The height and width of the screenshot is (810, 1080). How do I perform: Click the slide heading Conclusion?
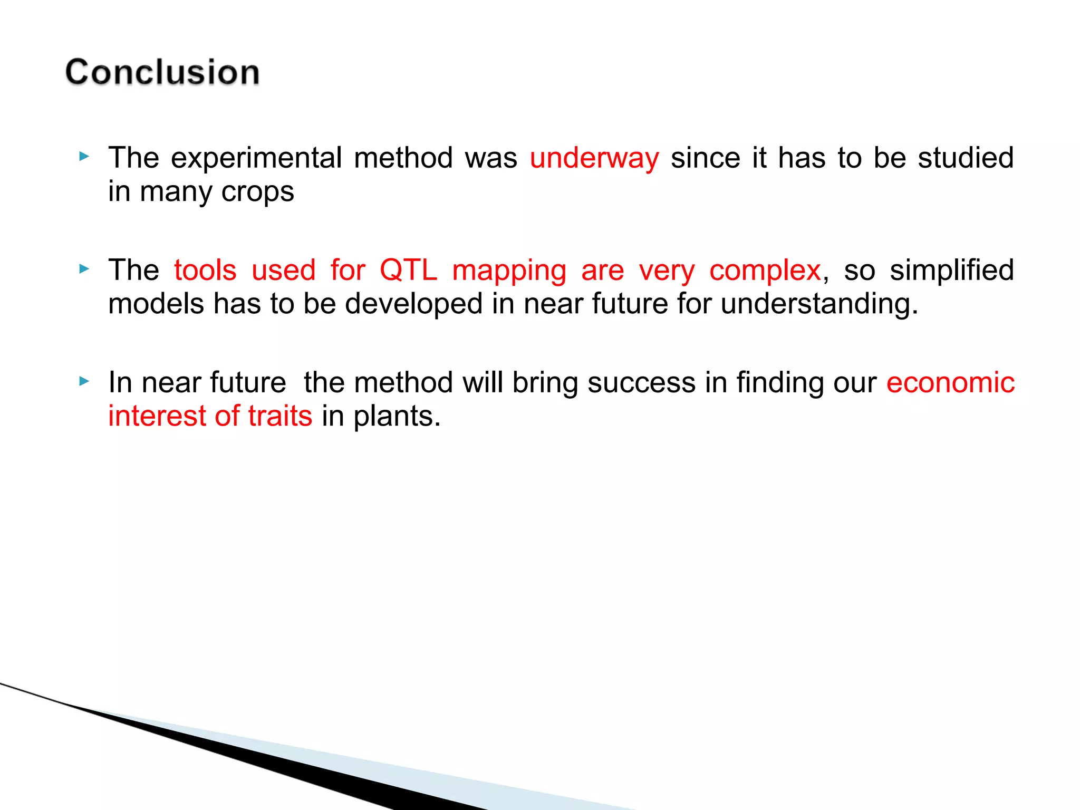(162, 72)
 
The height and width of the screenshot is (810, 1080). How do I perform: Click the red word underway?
(594, 158)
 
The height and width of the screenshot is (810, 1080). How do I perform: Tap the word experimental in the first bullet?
(256, 158)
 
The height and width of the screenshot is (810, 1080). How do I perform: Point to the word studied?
(966, 158)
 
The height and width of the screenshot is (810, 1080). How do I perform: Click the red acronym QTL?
(408, 271)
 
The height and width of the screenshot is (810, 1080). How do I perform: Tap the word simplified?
(951, 271)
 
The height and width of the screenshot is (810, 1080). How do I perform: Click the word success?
(641, 383)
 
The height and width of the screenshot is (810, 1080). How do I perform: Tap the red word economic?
(950, 383)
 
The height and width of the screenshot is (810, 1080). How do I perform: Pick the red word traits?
(280, 417)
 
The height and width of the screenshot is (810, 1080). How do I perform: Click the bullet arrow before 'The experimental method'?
(84, 157)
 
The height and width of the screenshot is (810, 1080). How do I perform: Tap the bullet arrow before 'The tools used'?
(84, 269)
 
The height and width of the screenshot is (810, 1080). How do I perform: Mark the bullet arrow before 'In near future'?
(84, 381)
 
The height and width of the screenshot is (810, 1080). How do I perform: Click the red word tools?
(205, 271)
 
